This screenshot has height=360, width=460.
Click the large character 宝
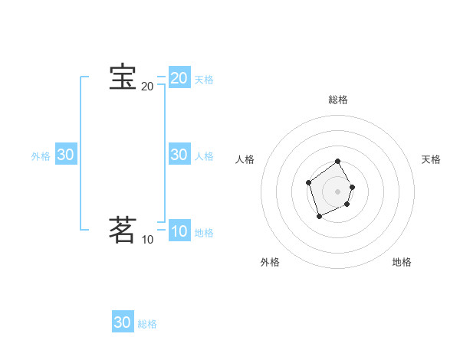[123, 78]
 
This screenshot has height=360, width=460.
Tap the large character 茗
[123, 230]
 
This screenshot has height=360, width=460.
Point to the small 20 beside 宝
[147, 87]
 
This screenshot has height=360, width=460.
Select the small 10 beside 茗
[147, 240]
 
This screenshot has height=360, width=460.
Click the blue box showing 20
[179, 78]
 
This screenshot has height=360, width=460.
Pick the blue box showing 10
[179, 231]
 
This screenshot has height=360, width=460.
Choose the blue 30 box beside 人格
[179, 155]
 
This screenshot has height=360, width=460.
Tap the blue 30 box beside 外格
[65, 155]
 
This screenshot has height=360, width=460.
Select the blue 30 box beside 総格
[123, 322]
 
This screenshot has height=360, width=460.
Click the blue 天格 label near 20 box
[204, 80]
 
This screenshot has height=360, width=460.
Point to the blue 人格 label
[204, 156]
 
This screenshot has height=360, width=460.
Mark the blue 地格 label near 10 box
[204, 233]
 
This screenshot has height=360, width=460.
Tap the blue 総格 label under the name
[147, 324]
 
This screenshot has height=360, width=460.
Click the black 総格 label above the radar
[338, 100]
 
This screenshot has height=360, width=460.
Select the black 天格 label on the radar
[431, 159]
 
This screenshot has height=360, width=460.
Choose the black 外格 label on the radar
[270, 262]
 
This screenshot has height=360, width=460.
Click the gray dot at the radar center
[338, 191]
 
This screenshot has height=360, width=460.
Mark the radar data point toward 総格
[338, 162]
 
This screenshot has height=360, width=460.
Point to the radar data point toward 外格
[320, 217]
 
